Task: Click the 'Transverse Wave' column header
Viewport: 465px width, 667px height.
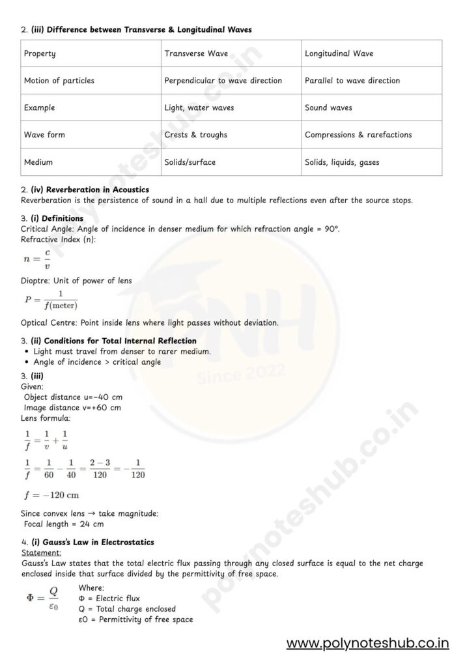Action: [196, 53]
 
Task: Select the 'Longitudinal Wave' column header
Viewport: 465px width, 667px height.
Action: [339, 53]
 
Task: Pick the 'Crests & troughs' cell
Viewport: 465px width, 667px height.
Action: [195, 135]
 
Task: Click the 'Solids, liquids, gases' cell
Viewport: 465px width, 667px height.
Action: [342, 162]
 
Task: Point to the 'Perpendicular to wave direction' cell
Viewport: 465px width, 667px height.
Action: [223, 81]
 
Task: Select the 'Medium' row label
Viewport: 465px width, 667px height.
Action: [38, 162]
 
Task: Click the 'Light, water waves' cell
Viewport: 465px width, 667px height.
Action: [199, 107]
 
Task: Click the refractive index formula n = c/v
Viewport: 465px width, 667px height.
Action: [36, 258]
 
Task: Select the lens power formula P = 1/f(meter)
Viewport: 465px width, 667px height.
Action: [51, 300]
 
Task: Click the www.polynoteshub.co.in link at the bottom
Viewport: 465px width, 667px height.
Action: [368, 644]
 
